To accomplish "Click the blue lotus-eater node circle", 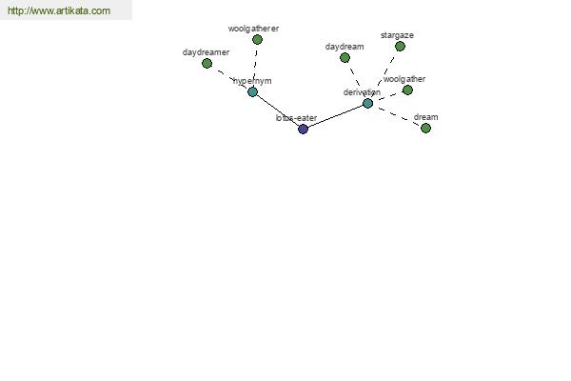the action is [303, 130].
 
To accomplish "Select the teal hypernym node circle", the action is [252, 91].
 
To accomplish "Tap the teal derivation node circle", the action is [367, 104].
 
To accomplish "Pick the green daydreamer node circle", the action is [207, 64].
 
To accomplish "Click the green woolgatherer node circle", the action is [257, 39].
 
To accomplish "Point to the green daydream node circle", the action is [345, 57].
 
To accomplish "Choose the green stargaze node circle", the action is [400, 47].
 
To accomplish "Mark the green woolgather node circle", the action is [407, 90].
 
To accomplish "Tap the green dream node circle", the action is [425, 129].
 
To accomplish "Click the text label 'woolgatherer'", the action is [253, 29].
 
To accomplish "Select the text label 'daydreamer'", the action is [206, 52].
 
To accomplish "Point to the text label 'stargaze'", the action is [397, 35].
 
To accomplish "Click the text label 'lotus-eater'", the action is [296, 118].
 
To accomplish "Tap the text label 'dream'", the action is [425, 117].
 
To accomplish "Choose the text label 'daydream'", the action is [345, 47].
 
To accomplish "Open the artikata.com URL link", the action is [59, 10].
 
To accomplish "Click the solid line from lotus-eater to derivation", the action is [335, 116].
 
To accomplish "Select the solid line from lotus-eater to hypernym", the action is [278, 110].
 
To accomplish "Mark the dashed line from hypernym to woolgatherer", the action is [255, 66].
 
